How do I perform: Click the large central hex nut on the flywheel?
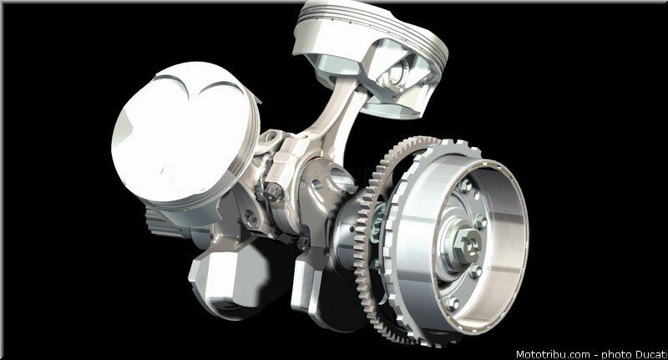coord(467,246)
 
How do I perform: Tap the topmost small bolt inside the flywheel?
coord(465,185)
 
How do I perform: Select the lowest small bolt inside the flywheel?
coord(453,303)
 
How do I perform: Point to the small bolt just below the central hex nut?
coord(475,271)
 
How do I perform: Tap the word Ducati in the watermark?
coord(651,354)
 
